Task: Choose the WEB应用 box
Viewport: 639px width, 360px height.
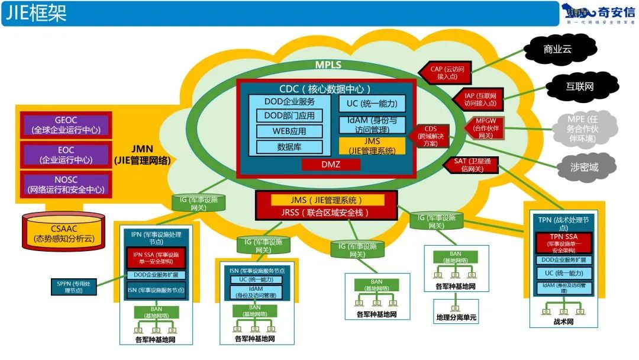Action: point(290,131)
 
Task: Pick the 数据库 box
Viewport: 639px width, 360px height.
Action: point(290,147)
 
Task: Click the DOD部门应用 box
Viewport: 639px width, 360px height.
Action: point(290,115)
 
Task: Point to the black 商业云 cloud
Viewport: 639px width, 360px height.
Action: point(557,49)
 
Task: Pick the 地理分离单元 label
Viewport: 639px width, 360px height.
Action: point(456,318)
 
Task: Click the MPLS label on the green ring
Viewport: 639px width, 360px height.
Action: point(328,65)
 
